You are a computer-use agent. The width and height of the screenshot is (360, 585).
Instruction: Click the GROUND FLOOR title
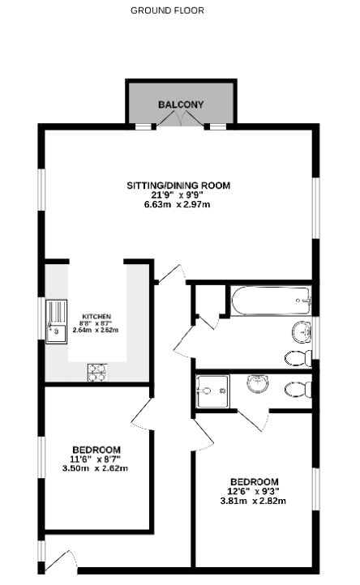click(x=167, y=11)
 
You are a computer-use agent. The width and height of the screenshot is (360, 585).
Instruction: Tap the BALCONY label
click(x=181, y=105)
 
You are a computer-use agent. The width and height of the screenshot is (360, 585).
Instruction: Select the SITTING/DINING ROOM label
click(x=178, y=186)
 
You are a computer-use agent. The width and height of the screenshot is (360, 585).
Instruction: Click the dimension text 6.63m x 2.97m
click(x=177, y=204)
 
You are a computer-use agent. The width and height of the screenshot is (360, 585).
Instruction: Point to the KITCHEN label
click(x=96, y=316)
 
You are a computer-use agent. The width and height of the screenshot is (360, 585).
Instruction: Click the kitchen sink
click(x=57, y=322)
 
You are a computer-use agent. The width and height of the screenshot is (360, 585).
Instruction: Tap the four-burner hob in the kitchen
click(x=97, y=373)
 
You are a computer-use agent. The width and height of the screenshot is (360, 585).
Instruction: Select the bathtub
click(x=271, y=301)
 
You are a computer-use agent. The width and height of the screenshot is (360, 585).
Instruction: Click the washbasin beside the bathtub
click(x=302, y=331)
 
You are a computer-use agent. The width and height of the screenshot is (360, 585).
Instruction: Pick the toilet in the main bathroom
click(x=298, y=359)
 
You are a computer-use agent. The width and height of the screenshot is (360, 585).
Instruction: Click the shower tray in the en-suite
click(x=213, y=391)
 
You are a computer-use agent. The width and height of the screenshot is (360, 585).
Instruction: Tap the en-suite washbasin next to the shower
click(x=257, y=384)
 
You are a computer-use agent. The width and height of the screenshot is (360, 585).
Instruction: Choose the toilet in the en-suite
click(x=298, y=390)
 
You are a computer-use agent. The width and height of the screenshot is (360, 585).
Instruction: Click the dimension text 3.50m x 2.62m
click(x=95, y=468)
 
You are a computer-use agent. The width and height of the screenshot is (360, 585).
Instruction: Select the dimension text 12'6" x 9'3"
click(x=253, y=491)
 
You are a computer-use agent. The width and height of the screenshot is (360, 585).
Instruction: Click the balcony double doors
click(x=181, y=118)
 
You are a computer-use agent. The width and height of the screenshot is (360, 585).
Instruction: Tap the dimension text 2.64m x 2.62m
click(x=96, y=331)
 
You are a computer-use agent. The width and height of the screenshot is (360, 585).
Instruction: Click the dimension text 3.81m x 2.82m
click(x=253, y=501)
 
